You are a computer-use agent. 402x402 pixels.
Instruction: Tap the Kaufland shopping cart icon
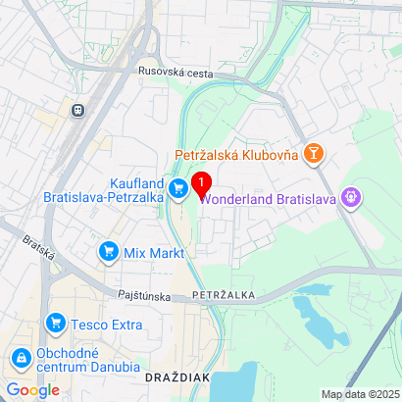(178, 188)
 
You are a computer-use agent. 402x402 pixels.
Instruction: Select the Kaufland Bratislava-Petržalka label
(103, 188)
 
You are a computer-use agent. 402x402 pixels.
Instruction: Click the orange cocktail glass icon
(314, 154)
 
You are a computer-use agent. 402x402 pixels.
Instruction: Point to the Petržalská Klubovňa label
(237, 154)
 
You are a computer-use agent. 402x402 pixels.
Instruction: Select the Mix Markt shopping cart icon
(108, 253)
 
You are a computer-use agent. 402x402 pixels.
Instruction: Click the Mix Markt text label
(153, 253)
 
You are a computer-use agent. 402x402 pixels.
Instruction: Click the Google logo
(33, 389)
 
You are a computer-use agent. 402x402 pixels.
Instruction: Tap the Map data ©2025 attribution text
(360, 394)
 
